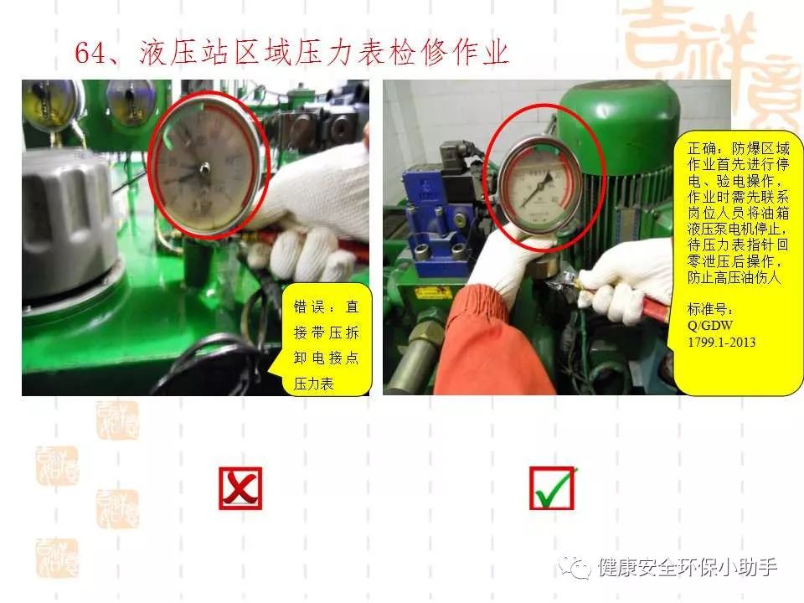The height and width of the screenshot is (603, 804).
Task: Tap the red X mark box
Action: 240,488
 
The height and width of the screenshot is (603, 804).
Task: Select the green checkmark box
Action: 552,488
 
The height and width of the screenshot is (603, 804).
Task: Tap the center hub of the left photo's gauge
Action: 204,168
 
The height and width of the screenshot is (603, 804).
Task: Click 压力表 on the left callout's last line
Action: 313,383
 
